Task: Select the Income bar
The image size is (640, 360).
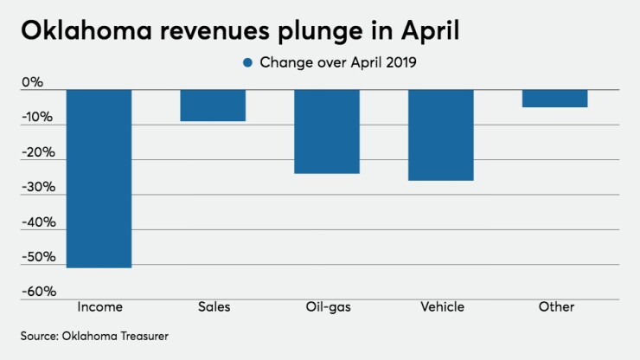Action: (x=99, y=178)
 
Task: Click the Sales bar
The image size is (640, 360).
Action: (x=213, y=106)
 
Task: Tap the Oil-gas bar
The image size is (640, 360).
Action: (x=327, y=132)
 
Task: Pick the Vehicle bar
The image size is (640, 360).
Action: (x=441, y=135)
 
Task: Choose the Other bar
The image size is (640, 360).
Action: (x=555, y=99)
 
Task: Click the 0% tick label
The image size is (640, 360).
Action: (x=32, y=82)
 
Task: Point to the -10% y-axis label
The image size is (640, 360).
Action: (x=37, y=118)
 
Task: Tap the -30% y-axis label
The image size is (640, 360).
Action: (x=38, y=187)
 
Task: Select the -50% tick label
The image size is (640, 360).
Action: (x=38, y=257)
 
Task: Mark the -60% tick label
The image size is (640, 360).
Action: (x=39, y=292)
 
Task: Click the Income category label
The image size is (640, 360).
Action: (x=100, y=307)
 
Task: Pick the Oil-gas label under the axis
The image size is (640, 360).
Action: (x=328, y=307)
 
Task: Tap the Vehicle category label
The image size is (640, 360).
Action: (x=443, y=307)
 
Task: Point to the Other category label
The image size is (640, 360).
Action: (x=556, y=307)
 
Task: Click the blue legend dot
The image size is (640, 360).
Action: (x=247, y=62)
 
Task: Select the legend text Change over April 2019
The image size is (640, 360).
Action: (x=338, y=62)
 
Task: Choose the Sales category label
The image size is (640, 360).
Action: (x=214, y=307)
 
